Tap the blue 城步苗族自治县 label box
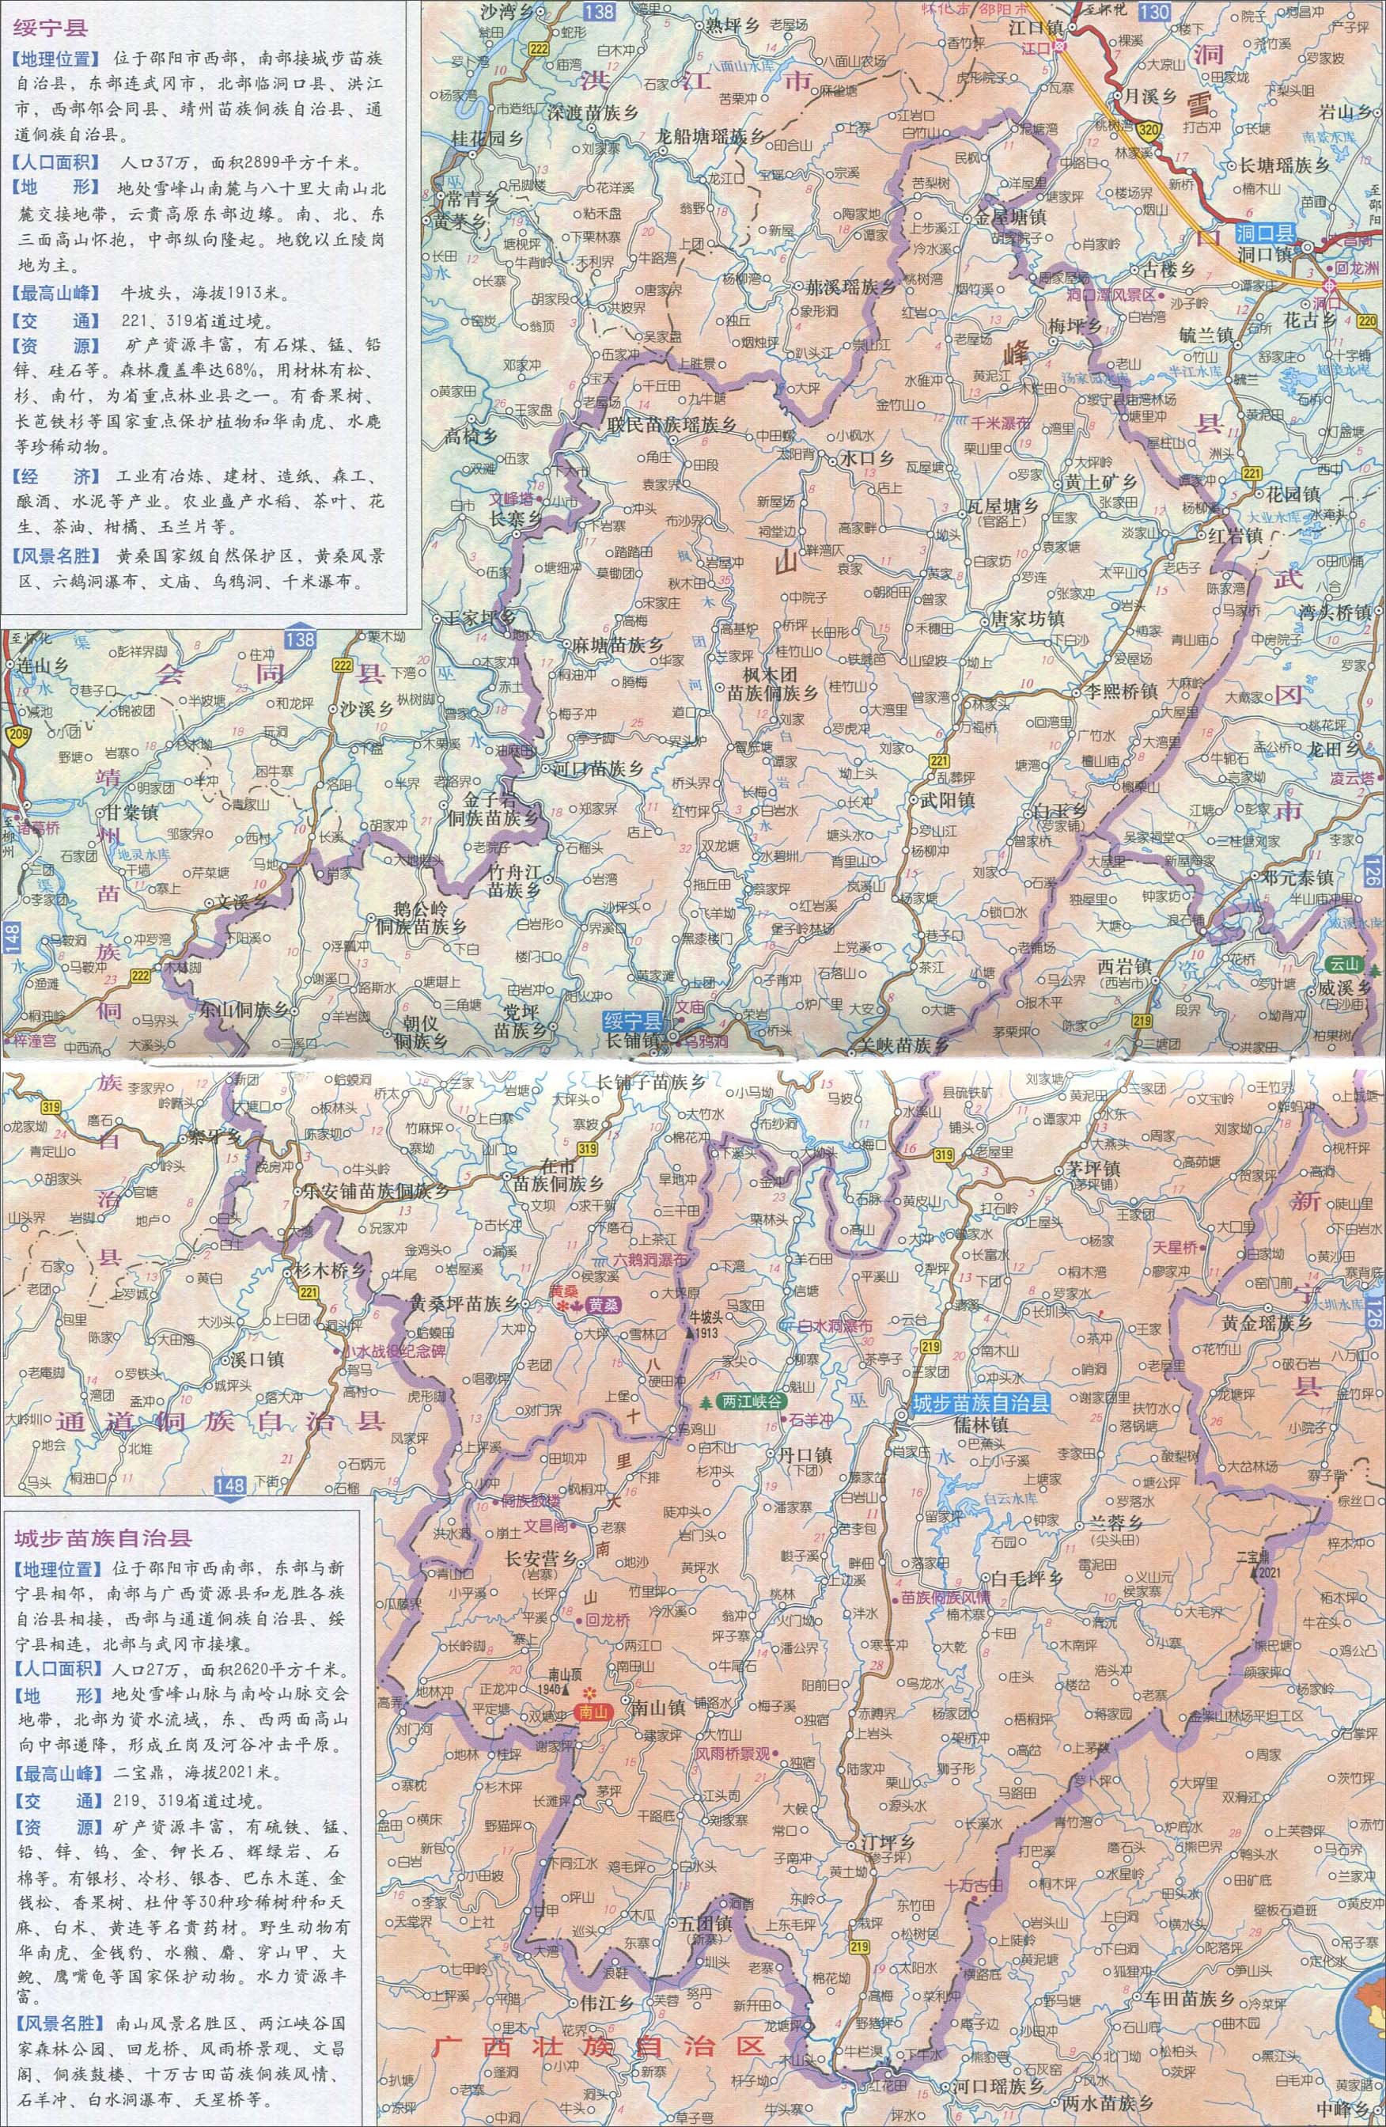[x=979, y=1404]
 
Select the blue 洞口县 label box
[x=1266, y=235]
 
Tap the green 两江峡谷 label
[x=750, y=1401]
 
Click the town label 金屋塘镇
[x=1005, y=217]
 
